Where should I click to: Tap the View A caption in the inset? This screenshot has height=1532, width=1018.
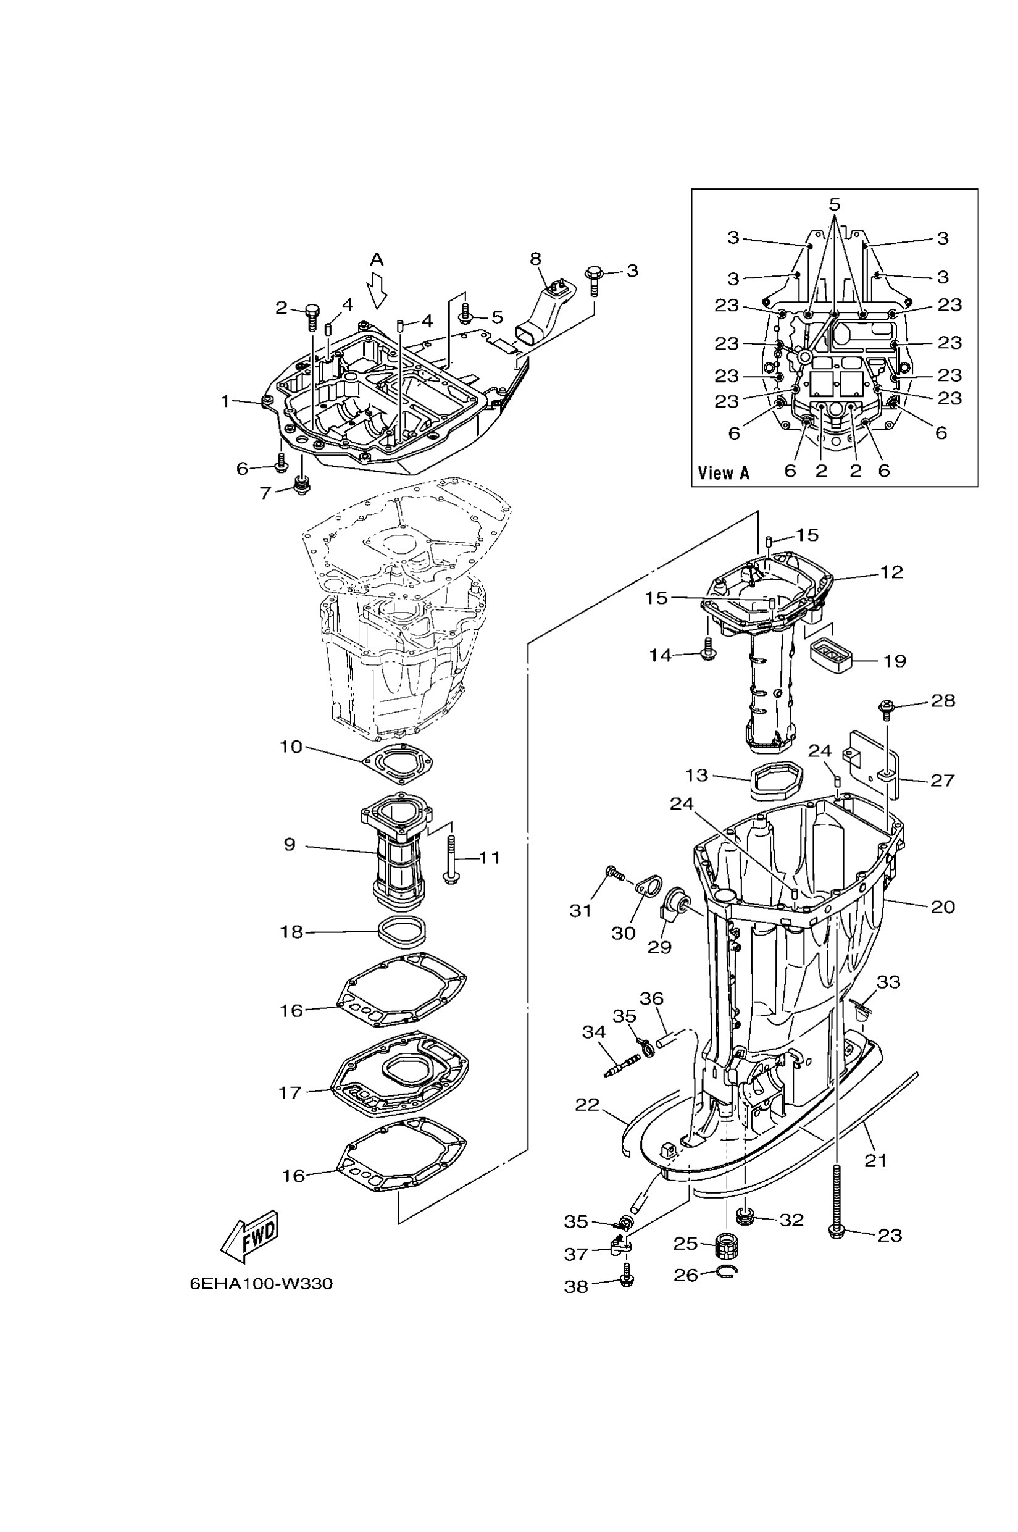[x=724, y=473]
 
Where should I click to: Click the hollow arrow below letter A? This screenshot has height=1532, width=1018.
[x=377, y=290]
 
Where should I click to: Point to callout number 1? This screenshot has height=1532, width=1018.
[x=225, y=401]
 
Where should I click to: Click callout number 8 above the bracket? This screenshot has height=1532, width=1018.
[x=535, y=259]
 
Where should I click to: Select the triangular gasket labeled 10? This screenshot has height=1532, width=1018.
[x=398, y=765]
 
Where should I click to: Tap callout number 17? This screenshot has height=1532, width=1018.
[x=290, y=1092]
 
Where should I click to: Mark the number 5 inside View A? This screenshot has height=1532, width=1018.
[x=834, y=204]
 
